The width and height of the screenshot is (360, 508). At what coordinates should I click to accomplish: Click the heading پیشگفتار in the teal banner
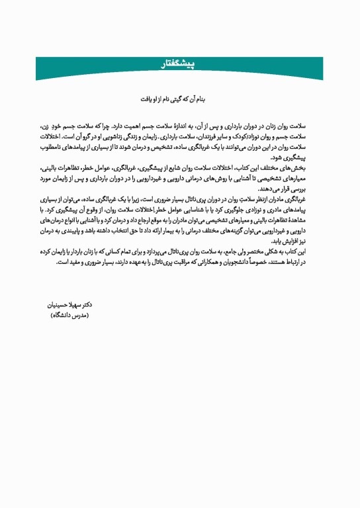[x=180, y=65]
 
